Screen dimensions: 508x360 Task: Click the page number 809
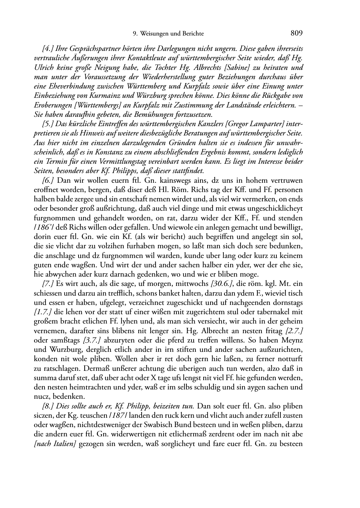click(x=297, y=33)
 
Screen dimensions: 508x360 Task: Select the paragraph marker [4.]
click(x=48, y=49)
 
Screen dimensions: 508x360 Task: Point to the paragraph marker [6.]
click(x=48, y=180)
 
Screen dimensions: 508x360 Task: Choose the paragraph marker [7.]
click(x=48, y=284)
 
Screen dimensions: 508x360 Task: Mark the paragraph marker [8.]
click(x=48, y=406)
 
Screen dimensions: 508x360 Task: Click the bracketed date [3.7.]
click(x=92, y=340)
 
